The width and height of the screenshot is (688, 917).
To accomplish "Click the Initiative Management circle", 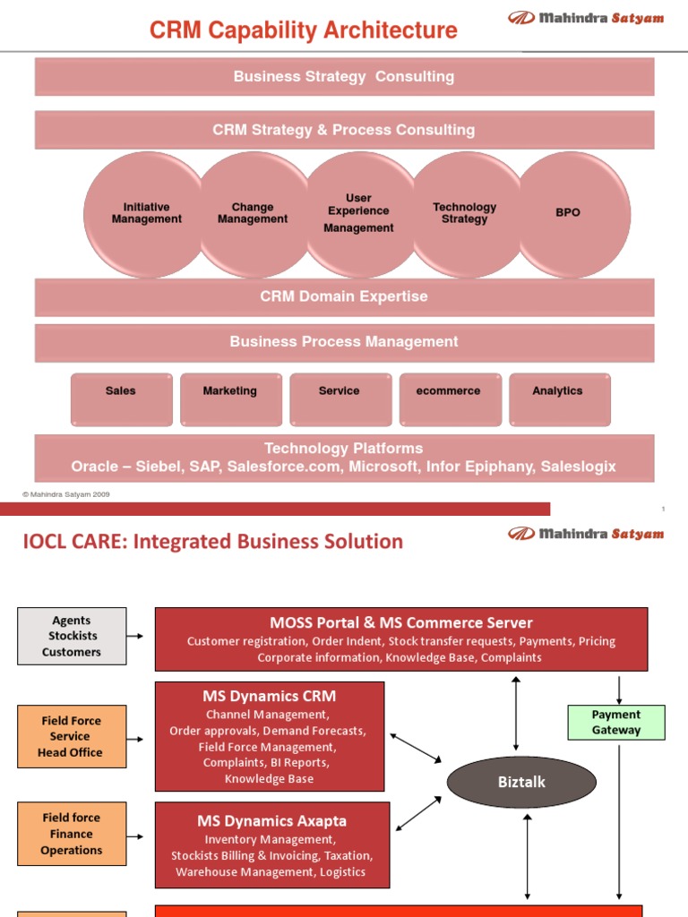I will (x=146, y=214).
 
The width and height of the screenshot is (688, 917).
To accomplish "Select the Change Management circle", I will (x=253, y=214).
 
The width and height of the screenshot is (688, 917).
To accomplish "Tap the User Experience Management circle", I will (x=358, y=214).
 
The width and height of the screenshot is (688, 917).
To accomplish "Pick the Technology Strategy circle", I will (x=464, y=214).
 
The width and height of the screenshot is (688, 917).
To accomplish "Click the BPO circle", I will (x=568, y=214).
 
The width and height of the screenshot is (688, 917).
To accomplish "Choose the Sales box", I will (x=121, y=399).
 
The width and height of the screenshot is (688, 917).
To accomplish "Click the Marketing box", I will (x=230, y=399).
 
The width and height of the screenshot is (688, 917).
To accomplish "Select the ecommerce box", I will (x=449, y=399).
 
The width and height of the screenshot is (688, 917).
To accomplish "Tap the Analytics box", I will (x=558, y=399).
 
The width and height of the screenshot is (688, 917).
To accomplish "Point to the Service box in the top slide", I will (x=340, y=399).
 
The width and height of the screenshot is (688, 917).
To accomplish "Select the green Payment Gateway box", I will (x=616, y=723).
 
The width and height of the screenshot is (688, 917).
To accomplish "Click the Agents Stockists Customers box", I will (x=72, y=636).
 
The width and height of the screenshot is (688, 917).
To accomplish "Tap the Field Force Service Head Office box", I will (x=72, y=736).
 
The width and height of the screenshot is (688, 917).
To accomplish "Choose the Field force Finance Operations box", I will (x=72, y=834).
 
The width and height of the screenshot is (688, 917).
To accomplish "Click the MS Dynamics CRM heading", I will (x=270, y=696).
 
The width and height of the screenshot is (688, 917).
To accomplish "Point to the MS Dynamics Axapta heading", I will (x=271, y=820).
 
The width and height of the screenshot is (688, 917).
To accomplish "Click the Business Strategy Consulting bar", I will (x=344, y=77).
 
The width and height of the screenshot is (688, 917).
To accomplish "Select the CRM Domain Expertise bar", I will (x=344, y=296).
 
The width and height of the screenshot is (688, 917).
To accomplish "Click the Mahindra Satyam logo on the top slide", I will (x=586, y=18).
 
